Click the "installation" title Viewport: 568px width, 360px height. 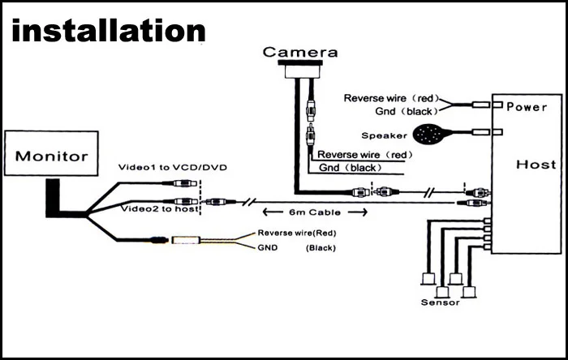point(109,30)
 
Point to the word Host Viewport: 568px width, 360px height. point(536,165)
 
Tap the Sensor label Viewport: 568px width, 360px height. point(440,302)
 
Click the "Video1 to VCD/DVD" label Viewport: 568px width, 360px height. point(173,167)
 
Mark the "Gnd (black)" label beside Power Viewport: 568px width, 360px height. point(407,110)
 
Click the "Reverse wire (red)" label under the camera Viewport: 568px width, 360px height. point(359,154)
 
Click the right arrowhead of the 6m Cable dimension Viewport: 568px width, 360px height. point(363,212)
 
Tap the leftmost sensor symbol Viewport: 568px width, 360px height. point(426,278)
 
